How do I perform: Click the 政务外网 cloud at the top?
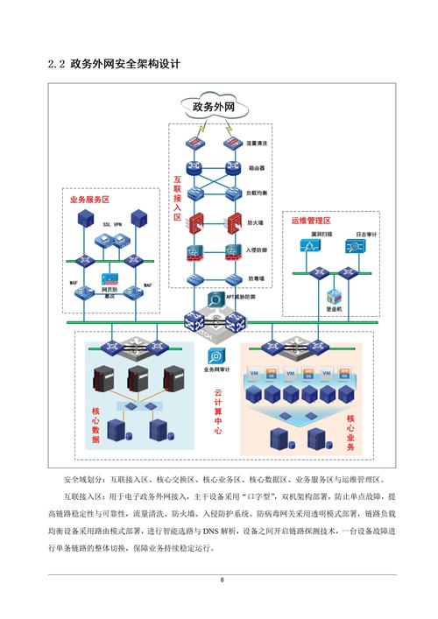pos(214,108)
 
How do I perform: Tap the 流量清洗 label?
pos(257,142)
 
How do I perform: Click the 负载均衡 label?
pos(257,192)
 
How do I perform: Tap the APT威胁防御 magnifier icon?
pos(215,299)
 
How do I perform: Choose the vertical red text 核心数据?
pos(95,426)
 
